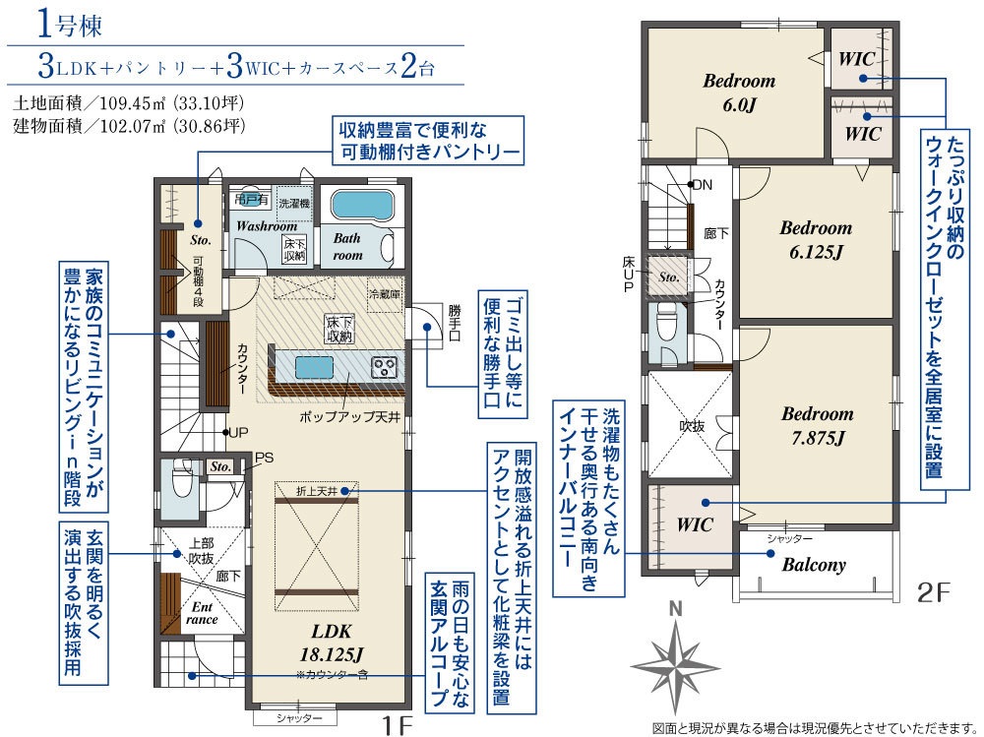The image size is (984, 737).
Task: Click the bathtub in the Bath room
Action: click(x=363, y=205)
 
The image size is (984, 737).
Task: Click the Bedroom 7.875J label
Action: click(x=818, y=426)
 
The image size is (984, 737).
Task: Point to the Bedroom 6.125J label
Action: click(x=816, y=239)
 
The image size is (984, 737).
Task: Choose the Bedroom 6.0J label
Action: click(x=739, y=92)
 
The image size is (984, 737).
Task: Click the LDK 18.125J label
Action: click(x=331, y=644)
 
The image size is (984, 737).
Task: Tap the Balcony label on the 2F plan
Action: click(x=814, y=565)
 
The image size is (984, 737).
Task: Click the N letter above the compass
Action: click(x=675, y=609)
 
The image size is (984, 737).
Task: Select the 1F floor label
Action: click(x=398, y=726)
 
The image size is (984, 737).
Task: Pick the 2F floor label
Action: click(x=934, y=592)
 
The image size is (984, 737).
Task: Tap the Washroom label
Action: click(x=266, y=226)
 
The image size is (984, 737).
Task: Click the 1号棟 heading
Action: click(x=70, y=26)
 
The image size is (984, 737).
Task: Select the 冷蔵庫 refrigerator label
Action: click(x=384, y=294)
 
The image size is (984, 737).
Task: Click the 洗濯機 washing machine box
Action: click(x=293, y=203)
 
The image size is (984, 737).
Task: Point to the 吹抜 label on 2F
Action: click(x=692, y=426)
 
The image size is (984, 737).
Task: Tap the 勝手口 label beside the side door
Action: click(x=455, y=323)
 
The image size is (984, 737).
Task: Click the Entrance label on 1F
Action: click(x=202, y=613)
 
